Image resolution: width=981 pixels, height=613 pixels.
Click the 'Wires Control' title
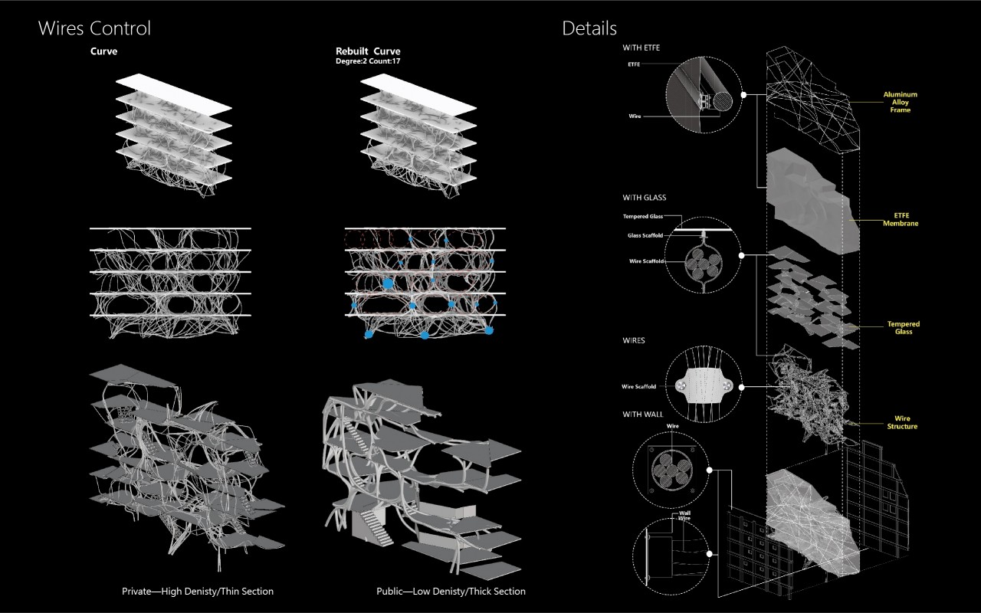[94, 29]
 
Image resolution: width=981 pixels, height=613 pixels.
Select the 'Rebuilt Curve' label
[368, 51]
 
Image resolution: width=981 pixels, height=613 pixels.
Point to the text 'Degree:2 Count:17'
[368, 61]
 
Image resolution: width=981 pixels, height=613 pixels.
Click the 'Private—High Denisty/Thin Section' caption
[198, 592]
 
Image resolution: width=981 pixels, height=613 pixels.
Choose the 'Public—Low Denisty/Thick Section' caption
[451, 592]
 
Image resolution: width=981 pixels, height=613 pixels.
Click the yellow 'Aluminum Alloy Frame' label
[900, 103]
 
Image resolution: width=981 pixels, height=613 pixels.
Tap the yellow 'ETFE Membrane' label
[900, 220]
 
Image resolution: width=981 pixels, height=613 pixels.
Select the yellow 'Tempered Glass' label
[903, 328]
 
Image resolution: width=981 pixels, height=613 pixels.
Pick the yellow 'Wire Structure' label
[902, 423]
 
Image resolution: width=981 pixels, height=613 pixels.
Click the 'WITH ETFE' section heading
[641, 48]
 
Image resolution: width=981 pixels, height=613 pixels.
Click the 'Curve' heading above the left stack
[103, 51]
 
